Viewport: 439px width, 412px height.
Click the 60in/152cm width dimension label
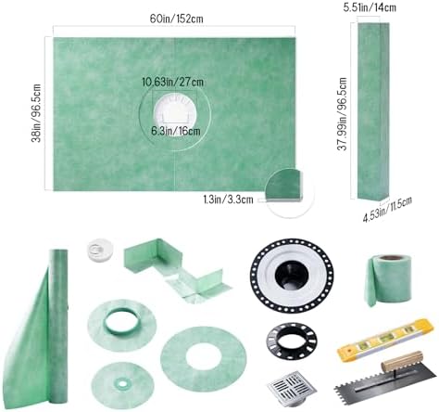pos(177,19)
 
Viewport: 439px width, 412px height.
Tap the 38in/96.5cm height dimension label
pos(36,113)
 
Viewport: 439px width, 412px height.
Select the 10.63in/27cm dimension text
pos(172,83)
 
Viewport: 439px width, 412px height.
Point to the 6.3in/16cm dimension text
pos(176,131)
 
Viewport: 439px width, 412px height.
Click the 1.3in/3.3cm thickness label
pos(228,200)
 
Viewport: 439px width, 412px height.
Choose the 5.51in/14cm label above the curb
pos(370,7)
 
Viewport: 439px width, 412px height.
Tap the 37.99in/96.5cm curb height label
pos(343,114)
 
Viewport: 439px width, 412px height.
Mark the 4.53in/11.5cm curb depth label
pos(387,210)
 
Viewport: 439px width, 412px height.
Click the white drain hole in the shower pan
pos(175,116)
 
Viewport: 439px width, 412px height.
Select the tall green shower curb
pos(373,111)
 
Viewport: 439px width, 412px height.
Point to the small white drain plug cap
pos(100,251)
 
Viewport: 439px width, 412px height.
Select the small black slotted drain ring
pos(292,341)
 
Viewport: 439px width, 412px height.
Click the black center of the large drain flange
pos(292,276)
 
